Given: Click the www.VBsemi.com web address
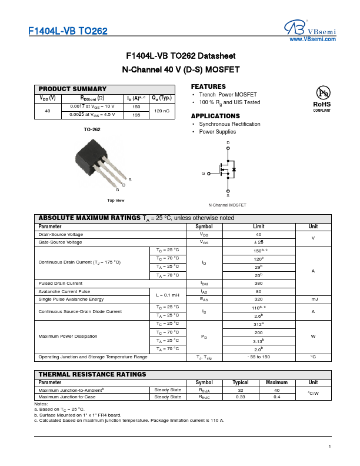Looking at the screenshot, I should (312, 39).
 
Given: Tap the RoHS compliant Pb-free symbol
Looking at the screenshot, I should (322, 98).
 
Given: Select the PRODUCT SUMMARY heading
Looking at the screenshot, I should (72, 89).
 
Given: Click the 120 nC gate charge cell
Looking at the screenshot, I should (161, 111).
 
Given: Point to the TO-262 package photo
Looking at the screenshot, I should (94, 165).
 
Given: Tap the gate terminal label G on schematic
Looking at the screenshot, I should (203, 174).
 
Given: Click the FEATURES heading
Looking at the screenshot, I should (208, 86).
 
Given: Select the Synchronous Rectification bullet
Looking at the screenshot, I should (229, 124).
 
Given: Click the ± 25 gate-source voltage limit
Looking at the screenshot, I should (258, 242).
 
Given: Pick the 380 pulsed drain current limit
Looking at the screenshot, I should (258, 284).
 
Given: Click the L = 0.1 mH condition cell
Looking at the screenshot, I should (168, 295).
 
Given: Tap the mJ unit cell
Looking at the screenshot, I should (313, 299).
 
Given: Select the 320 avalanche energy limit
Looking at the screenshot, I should (258, 299).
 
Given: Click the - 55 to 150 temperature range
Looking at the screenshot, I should (258, 357).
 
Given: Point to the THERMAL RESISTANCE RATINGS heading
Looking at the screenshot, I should (92, 374).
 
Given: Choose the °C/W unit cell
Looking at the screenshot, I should (313, 393).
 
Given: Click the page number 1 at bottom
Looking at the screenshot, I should (330, 447).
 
